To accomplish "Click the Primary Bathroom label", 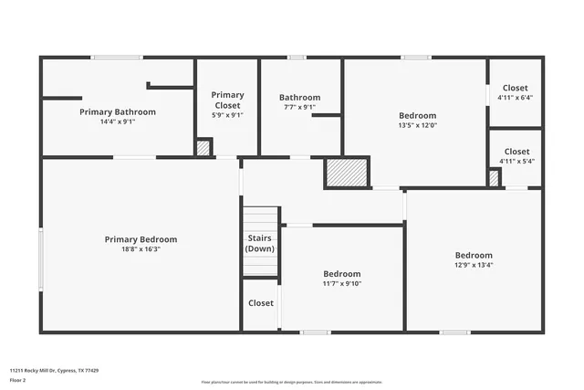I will pyautogui.click(x=117, y=111).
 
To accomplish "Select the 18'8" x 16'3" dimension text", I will pyautogui.click(x=141, y=248).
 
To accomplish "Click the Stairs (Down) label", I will pyautogui.click(x=260, y=243).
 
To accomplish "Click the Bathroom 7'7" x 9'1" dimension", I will pyautogui.click(x=299, y=107).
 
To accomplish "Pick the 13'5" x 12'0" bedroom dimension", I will pyautogui.click(x=417, y=125).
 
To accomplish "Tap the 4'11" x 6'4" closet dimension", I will pyautogui.click(x=516, y=98).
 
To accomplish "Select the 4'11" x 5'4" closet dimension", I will pyautogui.click(x=516, y=161).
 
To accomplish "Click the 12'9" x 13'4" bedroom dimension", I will pyautogui.click(x=474, y=265).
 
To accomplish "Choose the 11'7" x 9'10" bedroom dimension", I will pyautogui.click(x=342, y=283).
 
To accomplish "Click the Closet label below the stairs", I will pyautogui.click(x=261, y=303).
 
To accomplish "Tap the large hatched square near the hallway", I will pyautogui.click(x=347, y=173).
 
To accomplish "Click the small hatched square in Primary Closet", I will pyautogui.click(x=203, y=147).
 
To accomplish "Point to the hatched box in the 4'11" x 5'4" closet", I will pyautogui.click(x=494, y=179).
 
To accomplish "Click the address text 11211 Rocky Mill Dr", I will pyautogui.click(x=54, y=371).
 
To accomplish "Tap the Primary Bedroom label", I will pyautogui.click(x=141, y=239).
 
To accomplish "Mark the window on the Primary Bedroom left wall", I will pyautogui.click(x=40, y=259).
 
